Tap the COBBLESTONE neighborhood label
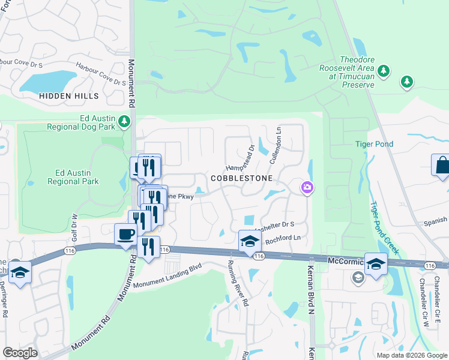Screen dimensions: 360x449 click(x=241, y=179)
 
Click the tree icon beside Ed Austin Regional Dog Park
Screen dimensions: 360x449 click(x=124, y=122)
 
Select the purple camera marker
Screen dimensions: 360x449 click(x=307, y=188)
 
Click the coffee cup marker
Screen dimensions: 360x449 click(x=126, y=234)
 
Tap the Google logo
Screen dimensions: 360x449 click(x=20, y=353)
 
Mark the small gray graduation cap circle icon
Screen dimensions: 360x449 click(x=358, y=277)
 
